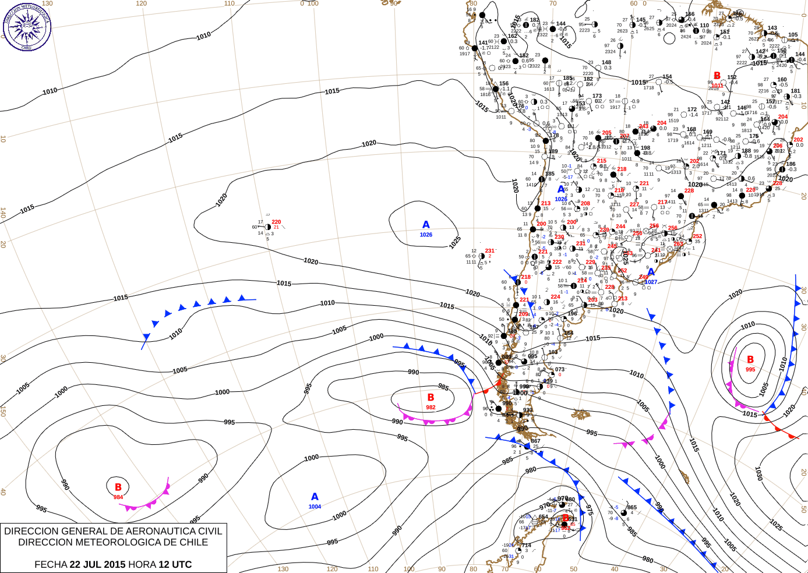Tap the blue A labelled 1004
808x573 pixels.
coord(315,497)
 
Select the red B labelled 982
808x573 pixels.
coord(431,398)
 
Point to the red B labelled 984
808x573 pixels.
coord(118,487)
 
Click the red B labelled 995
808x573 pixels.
coord(750,360)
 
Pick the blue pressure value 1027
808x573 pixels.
coord(651,282)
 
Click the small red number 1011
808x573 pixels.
coord(717,86)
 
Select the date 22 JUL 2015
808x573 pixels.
coord(97,564)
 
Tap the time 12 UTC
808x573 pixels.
coord(175,564)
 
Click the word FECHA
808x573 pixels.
coord(51,564)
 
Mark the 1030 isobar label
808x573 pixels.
coord(759,472)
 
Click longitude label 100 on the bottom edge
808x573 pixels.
coord(409,569)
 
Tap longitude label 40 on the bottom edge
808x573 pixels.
coord(615,569)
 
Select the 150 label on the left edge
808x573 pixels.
coord(3,411)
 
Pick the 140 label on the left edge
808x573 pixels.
coord(3,213)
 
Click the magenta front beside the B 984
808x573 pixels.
coord(149,501)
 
